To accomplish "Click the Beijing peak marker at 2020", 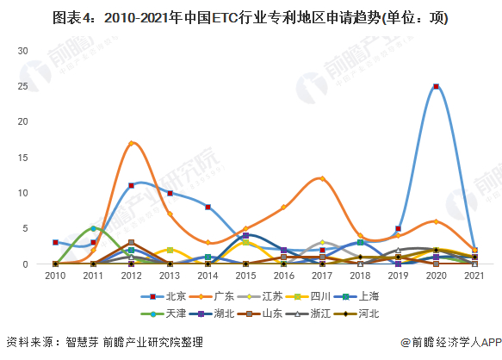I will tap(437, 86).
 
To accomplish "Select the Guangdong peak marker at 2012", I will tap(131, 143).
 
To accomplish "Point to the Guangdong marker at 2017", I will tap(322, 178).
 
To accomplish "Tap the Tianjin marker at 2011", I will tap(93, 228).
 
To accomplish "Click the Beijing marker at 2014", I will tap(208, 207).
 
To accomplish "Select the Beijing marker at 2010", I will tap(55, 243).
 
